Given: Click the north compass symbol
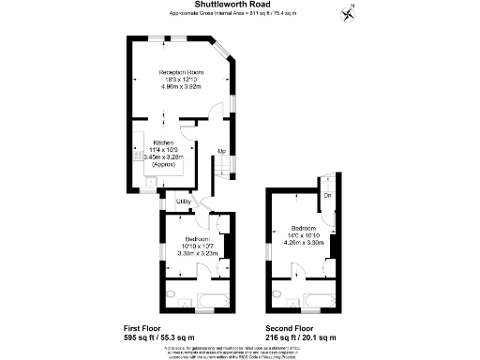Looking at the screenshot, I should click(349, 12).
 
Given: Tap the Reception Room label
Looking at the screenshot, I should click(181, 72).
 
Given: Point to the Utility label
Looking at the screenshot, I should click(183, 202).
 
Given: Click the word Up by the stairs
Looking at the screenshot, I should click(221, 151).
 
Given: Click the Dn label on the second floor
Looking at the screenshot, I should click(328, 195).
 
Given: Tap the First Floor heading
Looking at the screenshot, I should click(144, 327).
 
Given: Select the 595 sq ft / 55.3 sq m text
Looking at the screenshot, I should click(158, 337).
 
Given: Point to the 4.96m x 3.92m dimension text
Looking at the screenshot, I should click(181, 87).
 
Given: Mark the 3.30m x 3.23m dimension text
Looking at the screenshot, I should click(197, 253).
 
